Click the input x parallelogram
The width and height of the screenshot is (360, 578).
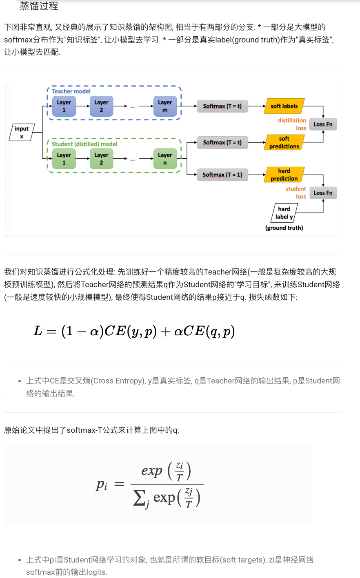tap(22, 133)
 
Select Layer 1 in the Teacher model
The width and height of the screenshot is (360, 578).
tap(64, 106)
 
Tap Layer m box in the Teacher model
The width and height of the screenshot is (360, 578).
tap(165, 106)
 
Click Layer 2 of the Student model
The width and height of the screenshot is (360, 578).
tap(101, 159)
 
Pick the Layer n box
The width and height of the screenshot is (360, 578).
tap(165, 159)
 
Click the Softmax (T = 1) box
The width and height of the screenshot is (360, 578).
tap(222, 175)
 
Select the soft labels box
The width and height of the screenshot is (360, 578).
tap(284, 106)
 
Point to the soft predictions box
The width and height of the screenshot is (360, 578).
tap(284, 142)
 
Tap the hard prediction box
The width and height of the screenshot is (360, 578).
tap(284, 175)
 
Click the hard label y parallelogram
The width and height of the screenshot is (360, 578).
tap(284, 213)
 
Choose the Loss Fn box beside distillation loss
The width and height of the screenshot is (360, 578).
tap(323, 124)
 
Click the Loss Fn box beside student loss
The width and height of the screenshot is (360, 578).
tap(323, 193)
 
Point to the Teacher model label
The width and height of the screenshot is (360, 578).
tap(71, 91)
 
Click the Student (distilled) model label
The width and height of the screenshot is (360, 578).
tap(84, 144)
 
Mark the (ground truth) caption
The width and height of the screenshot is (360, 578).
tap(284, 228)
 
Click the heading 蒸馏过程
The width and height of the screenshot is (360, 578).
tap(39, 6)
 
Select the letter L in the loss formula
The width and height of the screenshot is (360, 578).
tap(38, 331)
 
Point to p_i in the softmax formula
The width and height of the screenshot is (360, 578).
tap(102, 485)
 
